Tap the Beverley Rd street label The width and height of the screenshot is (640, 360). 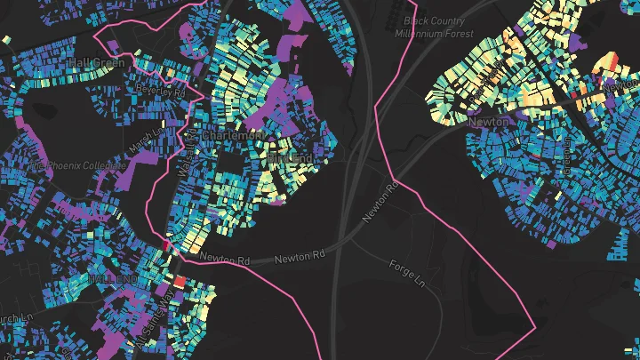(160, 90)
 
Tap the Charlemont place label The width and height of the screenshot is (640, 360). (232, 135)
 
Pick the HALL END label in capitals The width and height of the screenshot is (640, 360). (113, 279)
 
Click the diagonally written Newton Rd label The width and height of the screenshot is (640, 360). (380, 202)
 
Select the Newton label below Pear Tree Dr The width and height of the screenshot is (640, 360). (489, 121)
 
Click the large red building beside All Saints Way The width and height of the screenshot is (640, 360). (180, 281)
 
